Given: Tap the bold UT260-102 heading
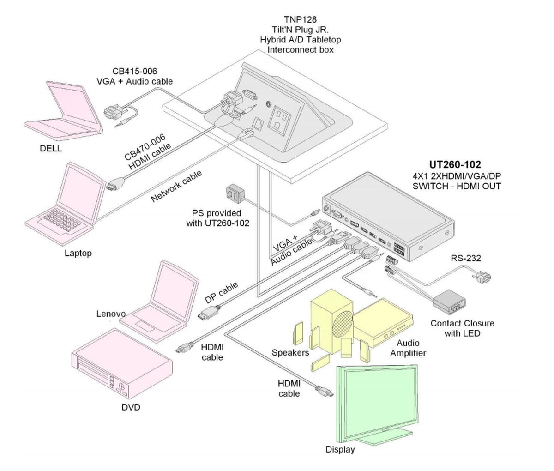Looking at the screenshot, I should (x=455, y=164).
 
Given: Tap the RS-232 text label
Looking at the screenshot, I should (x=465, y=258).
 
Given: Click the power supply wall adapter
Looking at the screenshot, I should (x=234, y=193).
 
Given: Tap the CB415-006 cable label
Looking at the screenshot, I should (x=134, y=72).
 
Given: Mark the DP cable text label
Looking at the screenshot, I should (x=221, y=292).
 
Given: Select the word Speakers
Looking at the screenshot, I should (x=290, y=353).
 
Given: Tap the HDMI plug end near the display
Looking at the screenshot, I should (x=325, y=393).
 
